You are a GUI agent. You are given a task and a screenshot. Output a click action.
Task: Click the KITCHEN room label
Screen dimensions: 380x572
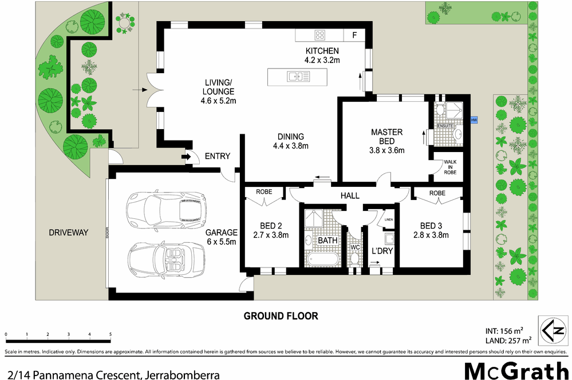tap(322, 51)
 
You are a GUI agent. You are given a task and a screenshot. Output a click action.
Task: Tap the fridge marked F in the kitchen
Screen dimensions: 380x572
tap(354, 35)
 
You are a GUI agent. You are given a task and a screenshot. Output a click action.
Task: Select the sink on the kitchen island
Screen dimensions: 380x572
tap(297, 75)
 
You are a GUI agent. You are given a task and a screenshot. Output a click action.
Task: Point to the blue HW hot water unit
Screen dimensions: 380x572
tap(474, 120)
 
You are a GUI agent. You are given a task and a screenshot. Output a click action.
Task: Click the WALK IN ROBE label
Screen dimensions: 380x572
tap(450, 167)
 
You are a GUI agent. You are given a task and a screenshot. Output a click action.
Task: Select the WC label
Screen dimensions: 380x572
tap(354, 247)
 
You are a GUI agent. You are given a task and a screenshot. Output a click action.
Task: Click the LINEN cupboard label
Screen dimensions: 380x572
tap(388, 219)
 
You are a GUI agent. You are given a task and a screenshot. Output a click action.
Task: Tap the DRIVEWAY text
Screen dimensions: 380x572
tap(68, 233)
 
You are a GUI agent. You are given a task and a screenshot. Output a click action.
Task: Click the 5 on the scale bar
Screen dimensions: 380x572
tap(110, 334)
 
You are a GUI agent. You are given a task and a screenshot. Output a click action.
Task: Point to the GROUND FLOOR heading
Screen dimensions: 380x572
tap(281, 316)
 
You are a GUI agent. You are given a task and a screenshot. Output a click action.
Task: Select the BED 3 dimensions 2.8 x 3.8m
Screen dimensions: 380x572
tap(430, 234)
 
